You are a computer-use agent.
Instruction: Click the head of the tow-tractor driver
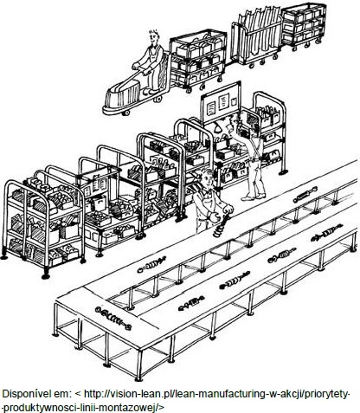click(x=154, y=37)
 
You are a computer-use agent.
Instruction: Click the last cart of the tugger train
click(x=304, y=24)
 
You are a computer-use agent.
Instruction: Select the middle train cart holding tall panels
click(x=256, y=37)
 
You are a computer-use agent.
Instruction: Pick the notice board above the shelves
click(x=221, y=101)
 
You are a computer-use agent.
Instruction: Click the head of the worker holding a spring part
click(x=207, y=179)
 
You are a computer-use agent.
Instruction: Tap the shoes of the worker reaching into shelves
click(x=254, y=197)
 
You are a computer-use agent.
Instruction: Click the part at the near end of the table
click(x=113, y=318)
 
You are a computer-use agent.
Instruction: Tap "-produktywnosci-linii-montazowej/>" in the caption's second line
click(x=83, y=407)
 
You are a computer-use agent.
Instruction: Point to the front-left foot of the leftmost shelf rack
click(x=45, y=276)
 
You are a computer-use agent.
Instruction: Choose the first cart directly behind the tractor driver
click(x=196, y=60)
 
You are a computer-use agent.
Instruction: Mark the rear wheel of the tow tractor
click(x=157, y=99)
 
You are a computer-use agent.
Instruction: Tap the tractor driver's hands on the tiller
click(x=141, y=68)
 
